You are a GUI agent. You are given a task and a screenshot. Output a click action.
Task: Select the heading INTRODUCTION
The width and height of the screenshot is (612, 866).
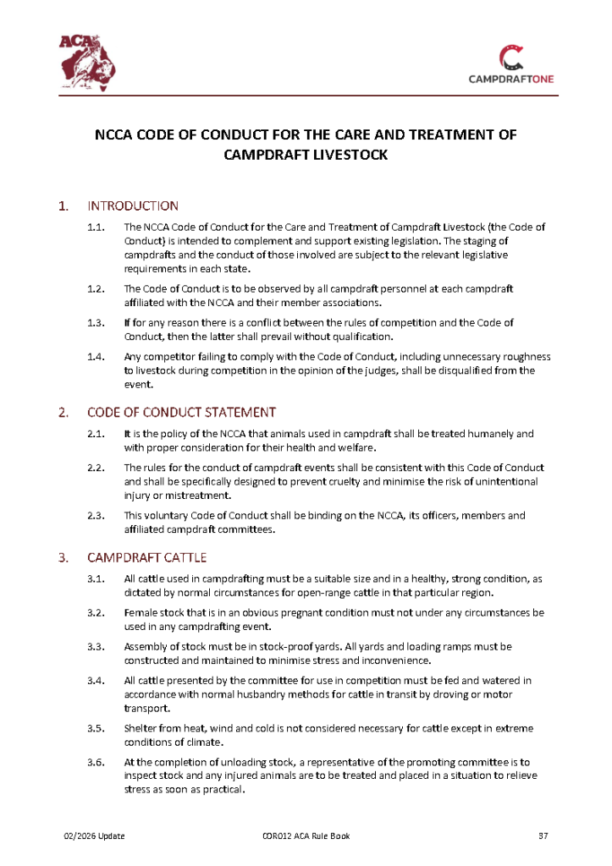(x=133, y=206)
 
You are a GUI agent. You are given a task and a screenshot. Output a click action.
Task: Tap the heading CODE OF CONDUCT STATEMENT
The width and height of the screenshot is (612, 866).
(x=181, y=413)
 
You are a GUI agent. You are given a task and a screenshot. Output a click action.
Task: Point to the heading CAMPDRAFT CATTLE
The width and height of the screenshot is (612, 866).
(x=147, y=557)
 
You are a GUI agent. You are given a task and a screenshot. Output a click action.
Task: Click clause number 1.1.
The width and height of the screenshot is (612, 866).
(x=96, y=227)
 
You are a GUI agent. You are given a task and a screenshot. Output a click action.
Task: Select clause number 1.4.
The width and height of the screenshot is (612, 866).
(x=96, y=356)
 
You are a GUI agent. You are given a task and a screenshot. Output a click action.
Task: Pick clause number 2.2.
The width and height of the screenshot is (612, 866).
(x=96, y=468)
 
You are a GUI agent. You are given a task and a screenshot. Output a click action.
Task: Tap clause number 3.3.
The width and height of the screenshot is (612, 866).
(x=96, y=647)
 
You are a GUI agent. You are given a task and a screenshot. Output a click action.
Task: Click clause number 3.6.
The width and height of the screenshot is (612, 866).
(x=96, y=763)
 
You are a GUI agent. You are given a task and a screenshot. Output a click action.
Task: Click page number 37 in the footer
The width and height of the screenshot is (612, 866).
(x=544, y=836)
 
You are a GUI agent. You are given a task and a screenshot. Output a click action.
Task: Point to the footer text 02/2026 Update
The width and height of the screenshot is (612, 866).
(x=95, y=836)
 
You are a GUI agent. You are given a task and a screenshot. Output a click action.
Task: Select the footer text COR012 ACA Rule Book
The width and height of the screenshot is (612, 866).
(x=306, y=836)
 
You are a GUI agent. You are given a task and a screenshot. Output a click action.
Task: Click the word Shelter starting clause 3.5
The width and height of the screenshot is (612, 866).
(x=141, y=728)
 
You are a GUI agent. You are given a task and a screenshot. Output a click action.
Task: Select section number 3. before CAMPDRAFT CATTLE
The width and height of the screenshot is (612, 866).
(x=63, y=557)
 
